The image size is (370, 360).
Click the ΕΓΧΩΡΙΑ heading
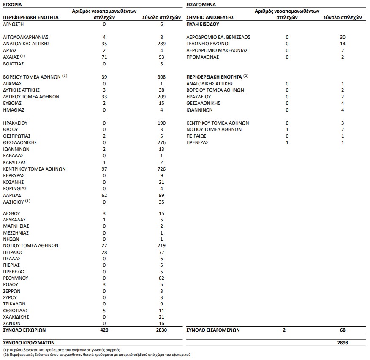[13, 4]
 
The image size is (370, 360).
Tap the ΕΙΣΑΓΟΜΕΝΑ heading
[201, 4]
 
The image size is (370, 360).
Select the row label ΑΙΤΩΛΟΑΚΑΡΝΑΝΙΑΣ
[26, 37]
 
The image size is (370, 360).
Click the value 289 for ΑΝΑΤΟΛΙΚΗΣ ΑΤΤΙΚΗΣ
[160, 44]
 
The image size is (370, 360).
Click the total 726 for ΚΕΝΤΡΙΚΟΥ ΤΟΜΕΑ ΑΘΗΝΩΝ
[160, 169]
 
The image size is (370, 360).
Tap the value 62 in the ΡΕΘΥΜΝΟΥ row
[160, 278]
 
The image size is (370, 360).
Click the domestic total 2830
[160, 330]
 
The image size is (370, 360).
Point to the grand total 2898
[343, 343]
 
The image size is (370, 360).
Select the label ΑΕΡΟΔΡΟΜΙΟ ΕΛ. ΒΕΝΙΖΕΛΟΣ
[218, 37]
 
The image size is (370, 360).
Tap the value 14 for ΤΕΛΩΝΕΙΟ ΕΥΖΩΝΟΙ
[343, 44]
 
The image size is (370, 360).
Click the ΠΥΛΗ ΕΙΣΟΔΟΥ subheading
[203, 24]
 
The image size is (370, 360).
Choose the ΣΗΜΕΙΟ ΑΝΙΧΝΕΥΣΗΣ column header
[210, 18]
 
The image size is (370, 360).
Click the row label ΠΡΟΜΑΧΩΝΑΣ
[203, 57]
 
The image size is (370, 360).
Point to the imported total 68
[343, 330]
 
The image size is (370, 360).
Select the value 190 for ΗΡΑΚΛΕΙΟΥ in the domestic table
[160, 123]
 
